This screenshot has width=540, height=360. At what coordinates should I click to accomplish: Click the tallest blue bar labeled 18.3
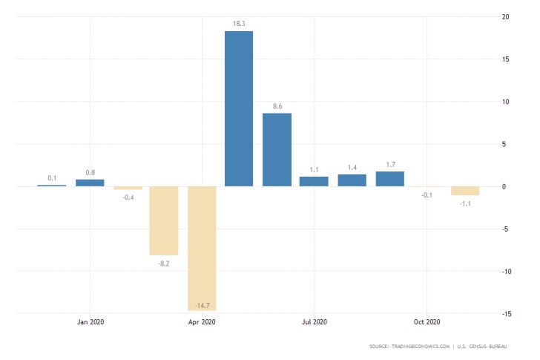click(239, 108)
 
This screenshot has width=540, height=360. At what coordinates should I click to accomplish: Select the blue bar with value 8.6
click(277, 149)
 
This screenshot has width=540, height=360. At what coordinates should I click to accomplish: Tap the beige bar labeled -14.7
click(202, 248)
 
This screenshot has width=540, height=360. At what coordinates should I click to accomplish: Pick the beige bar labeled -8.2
click(164, 220)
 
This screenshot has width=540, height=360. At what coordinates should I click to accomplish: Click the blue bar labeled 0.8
click(90, 183)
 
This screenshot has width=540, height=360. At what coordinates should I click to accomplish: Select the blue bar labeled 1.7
click(390, 179)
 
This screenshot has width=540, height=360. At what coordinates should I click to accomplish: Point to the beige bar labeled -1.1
click(465, 191)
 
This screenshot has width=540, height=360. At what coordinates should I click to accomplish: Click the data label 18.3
click(239, 24)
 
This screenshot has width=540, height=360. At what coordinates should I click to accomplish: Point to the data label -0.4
click(128, 197)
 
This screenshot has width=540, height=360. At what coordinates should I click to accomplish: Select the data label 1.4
click(352, 168)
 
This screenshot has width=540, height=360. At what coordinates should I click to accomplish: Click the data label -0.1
click(427, 194)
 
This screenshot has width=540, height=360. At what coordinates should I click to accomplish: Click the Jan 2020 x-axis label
click(90, 321)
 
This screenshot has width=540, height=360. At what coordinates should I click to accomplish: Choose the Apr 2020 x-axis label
click(202, 321)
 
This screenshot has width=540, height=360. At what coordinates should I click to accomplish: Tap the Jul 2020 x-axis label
click(315, 321)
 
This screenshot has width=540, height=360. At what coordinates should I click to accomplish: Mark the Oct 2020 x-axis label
click(427, 321)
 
